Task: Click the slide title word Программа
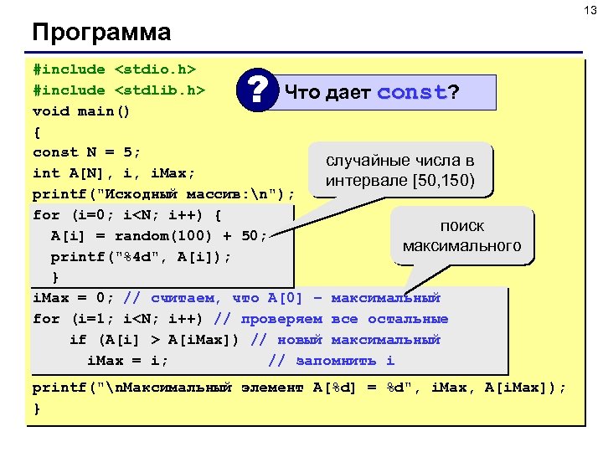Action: [x=101, y=33]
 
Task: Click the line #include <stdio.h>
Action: [x=115, y=69]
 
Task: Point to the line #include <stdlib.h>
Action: [x=119, y=90]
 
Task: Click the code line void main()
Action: [x=82, y=110]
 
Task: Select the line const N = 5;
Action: [x=87, y=152]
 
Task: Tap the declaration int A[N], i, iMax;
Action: [x=114, y=173]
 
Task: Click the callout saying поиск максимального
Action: [x=462, y=236]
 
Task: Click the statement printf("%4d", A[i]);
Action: [x=141, y=256]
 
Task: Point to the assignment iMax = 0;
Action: [x=74, y=298]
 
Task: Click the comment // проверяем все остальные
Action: [x=343, y=319]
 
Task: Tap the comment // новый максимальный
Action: [x=346, y=340]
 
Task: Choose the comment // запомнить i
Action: [x=331, y=361]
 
